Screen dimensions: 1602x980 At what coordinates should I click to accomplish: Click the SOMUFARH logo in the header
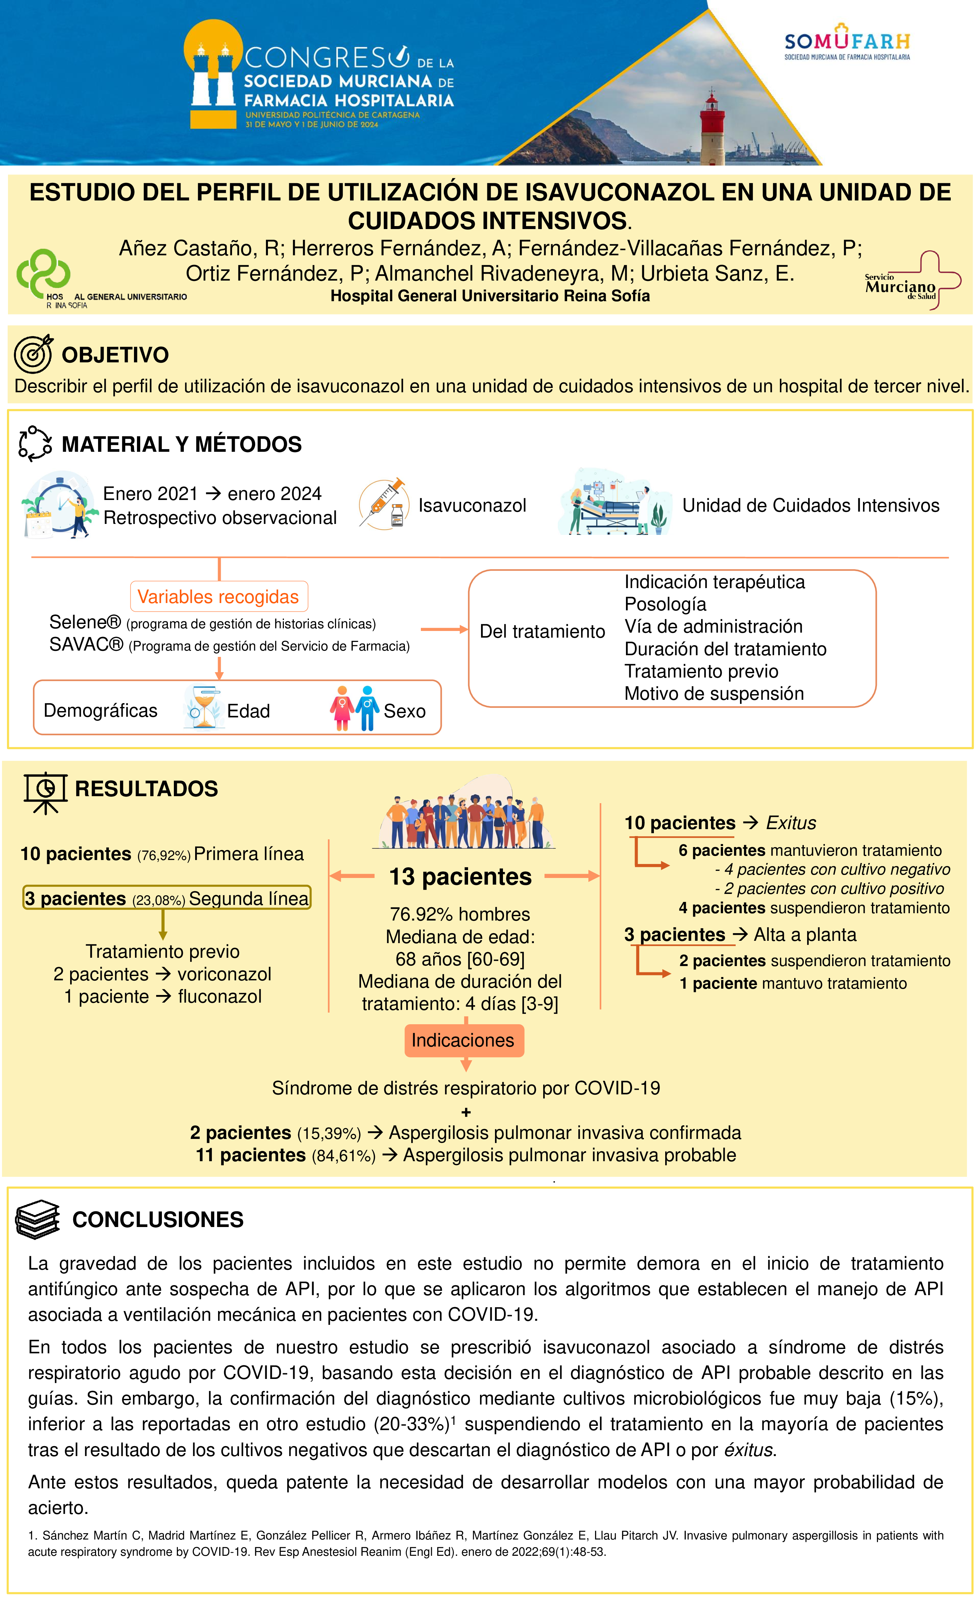coord(847,43)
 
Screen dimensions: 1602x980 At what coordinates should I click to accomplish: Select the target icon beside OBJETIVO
coord(33,354)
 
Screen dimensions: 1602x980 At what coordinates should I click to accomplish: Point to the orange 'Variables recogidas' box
coord(218,596)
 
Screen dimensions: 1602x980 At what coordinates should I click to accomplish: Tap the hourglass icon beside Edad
coord(203,708)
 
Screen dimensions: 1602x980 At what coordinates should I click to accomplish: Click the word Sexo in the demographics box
coord(405,711)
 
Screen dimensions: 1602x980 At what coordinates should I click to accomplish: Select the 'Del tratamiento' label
coord(542,631)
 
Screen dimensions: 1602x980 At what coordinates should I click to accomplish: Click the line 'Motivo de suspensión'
coord(713,694)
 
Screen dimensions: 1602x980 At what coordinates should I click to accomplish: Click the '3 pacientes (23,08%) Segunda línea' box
coord(167,898)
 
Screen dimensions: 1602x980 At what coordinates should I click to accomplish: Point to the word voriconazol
coord(224,974)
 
